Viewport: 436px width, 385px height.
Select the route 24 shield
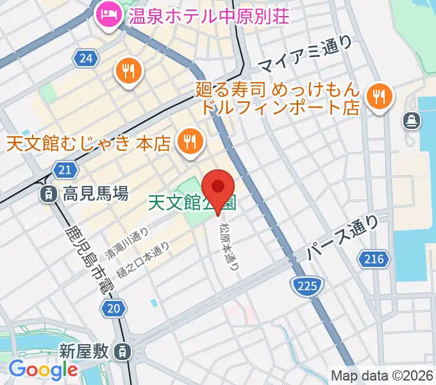click(85, 60)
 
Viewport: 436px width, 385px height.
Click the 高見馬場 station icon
click(47, 193)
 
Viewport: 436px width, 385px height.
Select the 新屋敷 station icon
click(121, 351)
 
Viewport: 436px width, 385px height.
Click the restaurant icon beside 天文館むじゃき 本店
click(189, 142)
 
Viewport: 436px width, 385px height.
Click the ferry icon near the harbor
click(410, 120)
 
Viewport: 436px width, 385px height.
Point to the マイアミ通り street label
click(306, 55)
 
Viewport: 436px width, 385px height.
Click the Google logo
click(43, 370)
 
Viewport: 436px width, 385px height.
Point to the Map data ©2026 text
click(382, 375)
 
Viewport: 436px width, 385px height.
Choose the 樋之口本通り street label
click(147, 260)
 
